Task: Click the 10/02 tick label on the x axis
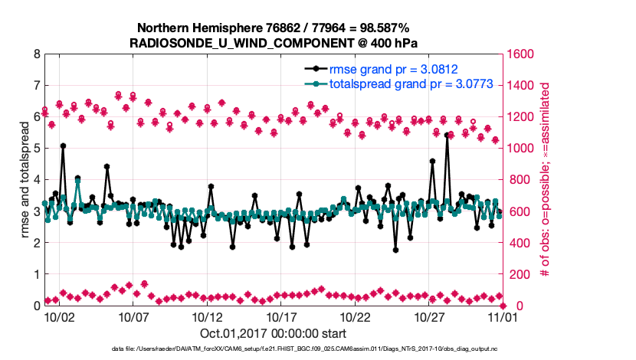tap(59, 316)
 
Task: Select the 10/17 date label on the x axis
tap(281, 316)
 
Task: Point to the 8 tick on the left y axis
tap(35, 54)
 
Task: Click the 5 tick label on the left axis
tap(35, 149)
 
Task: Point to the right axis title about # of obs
tap(546, 180)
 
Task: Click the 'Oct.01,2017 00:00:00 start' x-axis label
tap(274, 333)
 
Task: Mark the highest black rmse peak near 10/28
tap(447, 135)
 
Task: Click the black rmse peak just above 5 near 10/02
tap(63, 146)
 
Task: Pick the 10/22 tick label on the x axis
tap(355, 316)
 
